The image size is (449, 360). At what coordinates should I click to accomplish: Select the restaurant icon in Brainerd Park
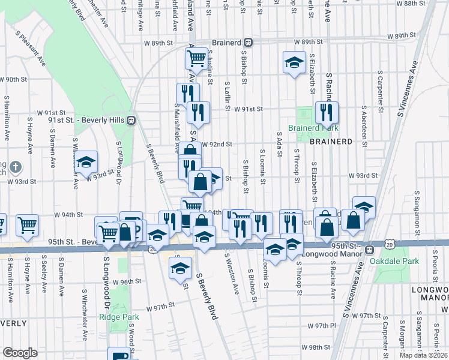coord(327,112)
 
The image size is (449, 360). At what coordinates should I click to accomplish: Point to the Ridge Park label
coord(119,317)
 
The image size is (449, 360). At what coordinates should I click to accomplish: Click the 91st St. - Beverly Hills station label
coord(91,120)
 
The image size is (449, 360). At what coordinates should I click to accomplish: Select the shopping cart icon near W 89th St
coord(197,59)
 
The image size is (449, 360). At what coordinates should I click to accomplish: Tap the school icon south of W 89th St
coord(294,62)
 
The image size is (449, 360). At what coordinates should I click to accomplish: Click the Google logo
coord(20,353)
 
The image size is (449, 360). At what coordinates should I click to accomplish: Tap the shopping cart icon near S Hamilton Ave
coord(27,224)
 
